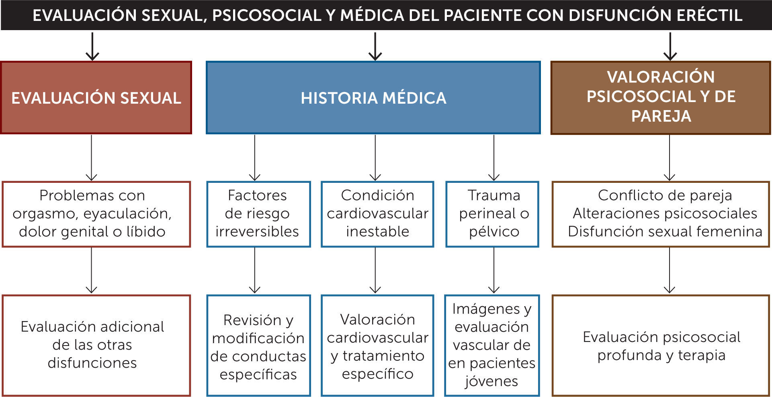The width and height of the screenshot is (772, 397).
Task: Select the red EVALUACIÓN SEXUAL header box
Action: tap(96, 98)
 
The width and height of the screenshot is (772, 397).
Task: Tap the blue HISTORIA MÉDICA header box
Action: tap(373, 98)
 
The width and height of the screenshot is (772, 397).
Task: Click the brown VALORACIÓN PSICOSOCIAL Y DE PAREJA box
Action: tap(661, 97)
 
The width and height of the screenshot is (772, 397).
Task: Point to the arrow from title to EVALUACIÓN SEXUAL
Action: tap(92, 46)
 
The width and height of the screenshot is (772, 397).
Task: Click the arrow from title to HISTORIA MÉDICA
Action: tap(375, 46)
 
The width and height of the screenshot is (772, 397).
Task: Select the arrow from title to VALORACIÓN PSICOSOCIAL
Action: tap(670, 46)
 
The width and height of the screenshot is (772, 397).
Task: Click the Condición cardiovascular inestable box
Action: tap(377, 214)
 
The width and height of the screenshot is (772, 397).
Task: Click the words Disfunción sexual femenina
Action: tap(665, 232)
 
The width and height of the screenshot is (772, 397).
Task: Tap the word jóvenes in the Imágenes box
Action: tap(491, 381)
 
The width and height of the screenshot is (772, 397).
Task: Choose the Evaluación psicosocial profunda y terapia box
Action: tap(661, 346)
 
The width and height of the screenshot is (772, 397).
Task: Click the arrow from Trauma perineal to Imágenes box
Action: tap(494, 270)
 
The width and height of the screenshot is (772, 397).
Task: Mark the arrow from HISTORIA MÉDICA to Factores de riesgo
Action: tap(255, 158)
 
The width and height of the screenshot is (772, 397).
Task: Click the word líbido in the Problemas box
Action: tap(145, 232)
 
